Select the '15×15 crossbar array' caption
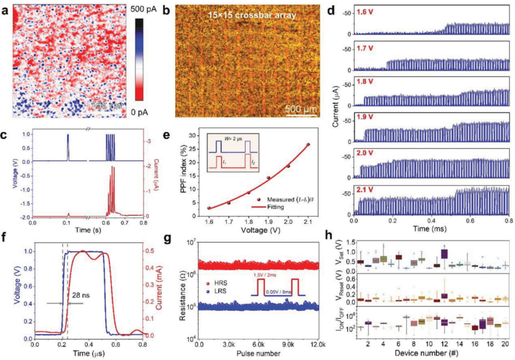pyautogui.click(x=246, y=15)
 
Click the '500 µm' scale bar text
pyautogui.click(x=301, y=109)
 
